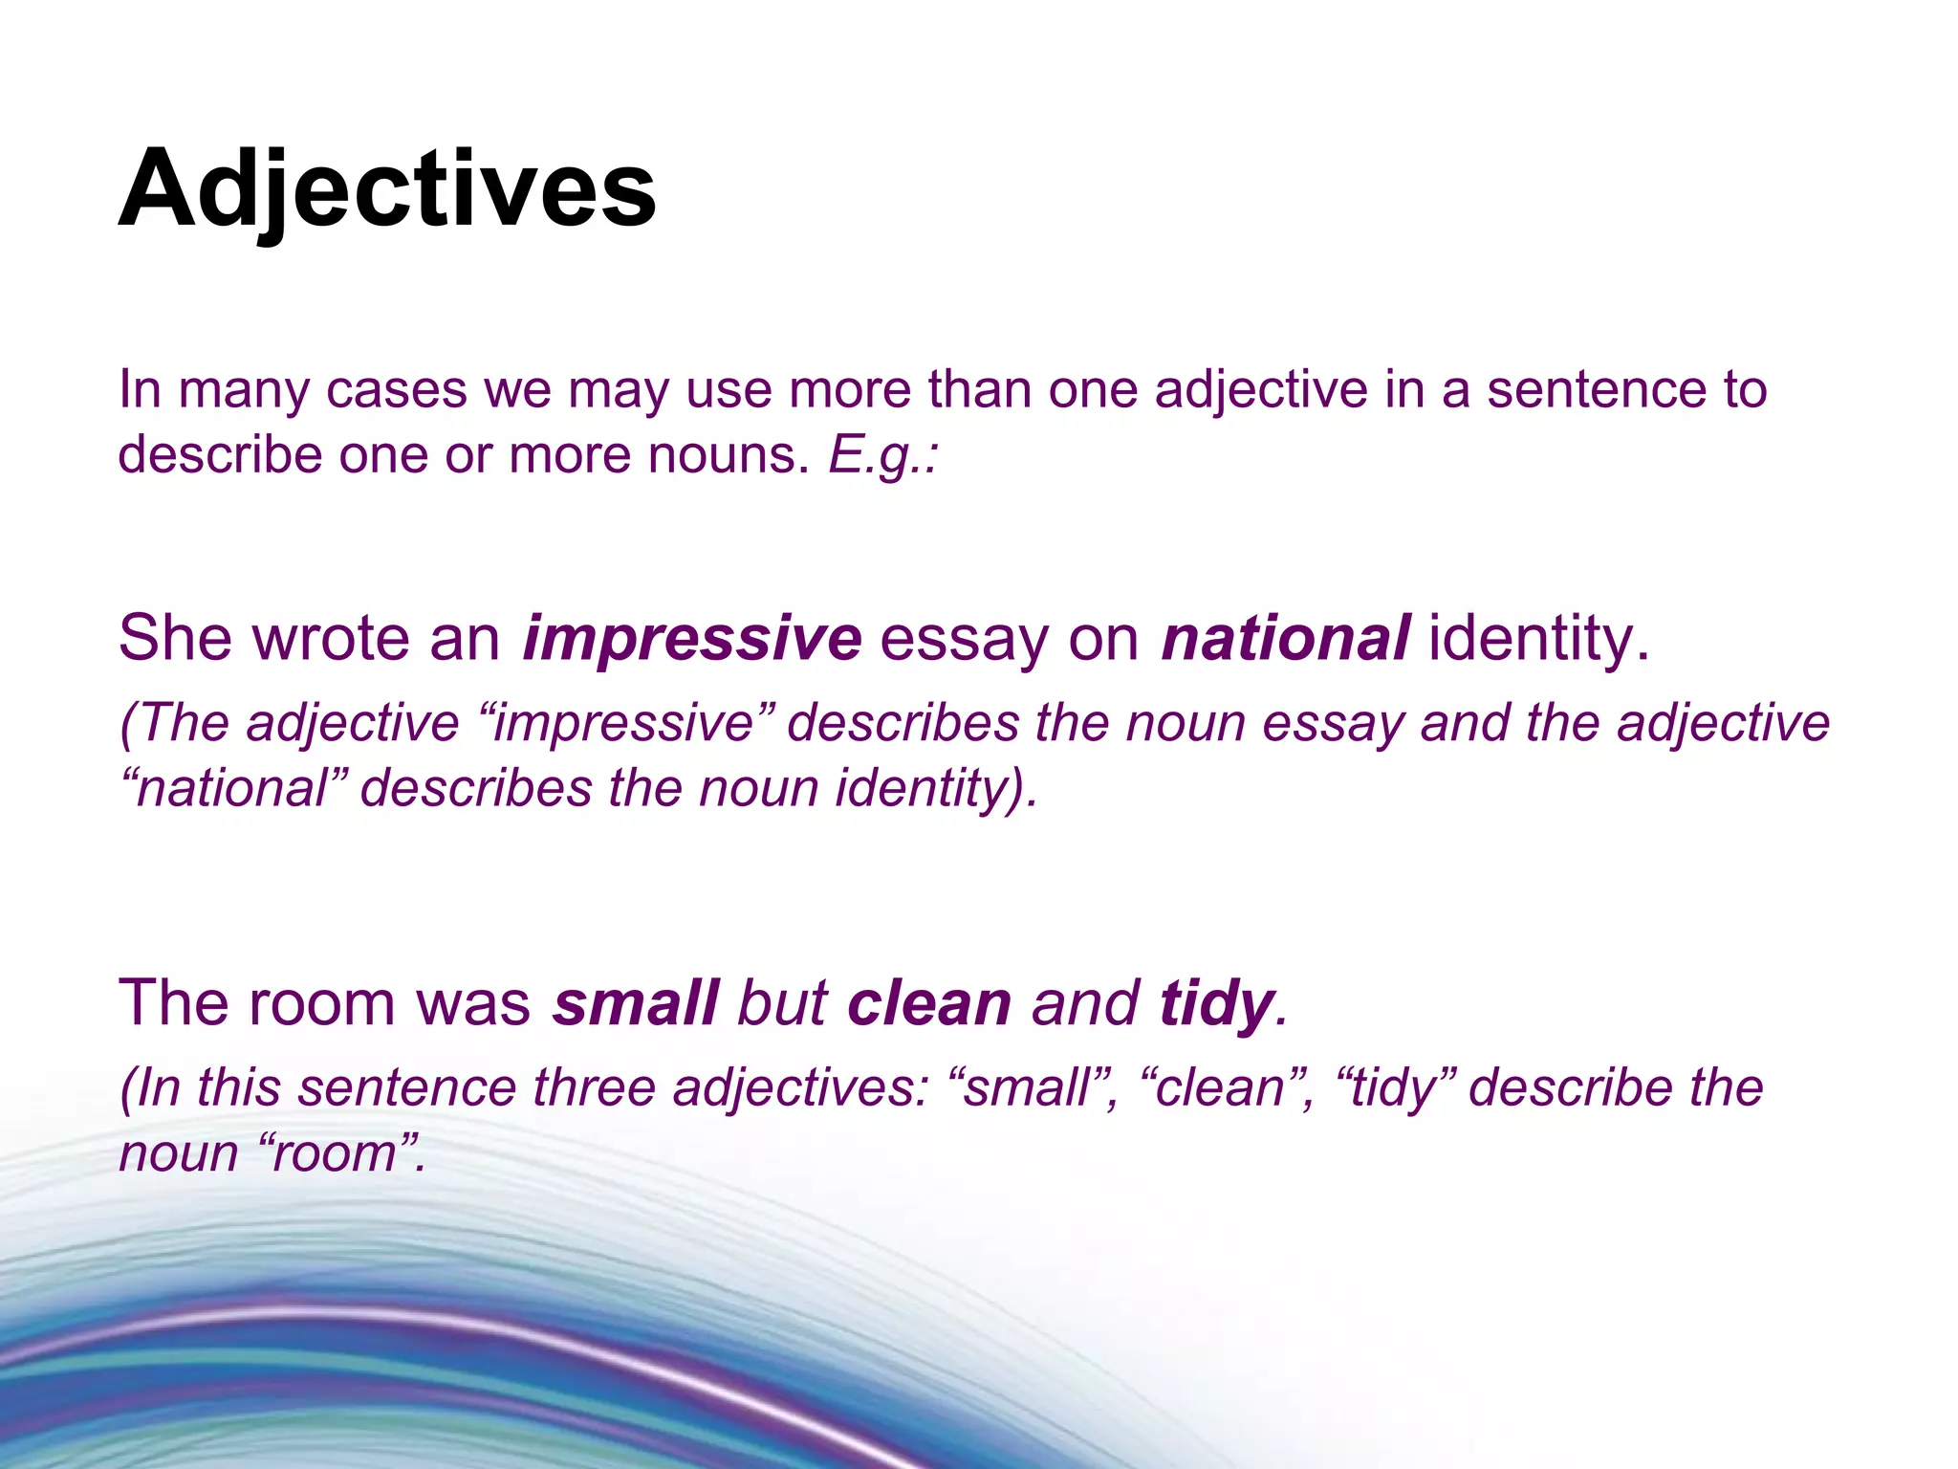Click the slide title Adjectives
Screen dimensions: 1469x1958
click(386, 189)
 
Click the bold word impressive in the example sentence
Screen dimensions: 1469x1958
click(691, 639)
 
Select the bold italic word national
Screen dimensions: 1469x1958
click(1285, 639)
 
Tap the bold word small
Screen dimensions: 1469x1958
click(635, 1003)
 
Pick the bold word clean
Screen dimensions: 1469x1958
click(928, 1003)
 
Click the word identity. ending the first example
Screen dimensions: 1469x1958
click(1539, 639)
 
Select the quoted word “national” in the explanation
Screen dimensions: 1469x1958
click(233, 789)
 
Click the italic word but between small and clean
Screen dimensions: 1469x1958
click(781, 1003)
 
